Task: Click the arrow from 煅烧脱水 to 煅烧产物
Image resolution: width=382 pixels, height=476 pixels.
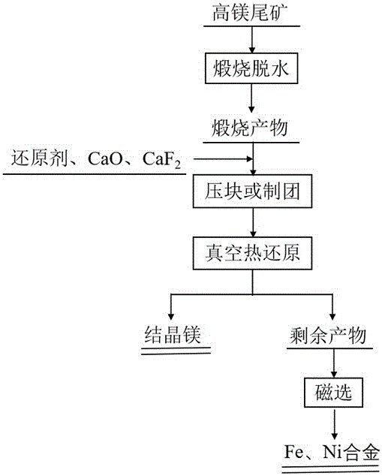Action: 252,99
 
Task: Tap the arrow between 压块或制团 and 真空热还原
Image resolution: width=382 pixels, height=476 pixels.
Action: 252,222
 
